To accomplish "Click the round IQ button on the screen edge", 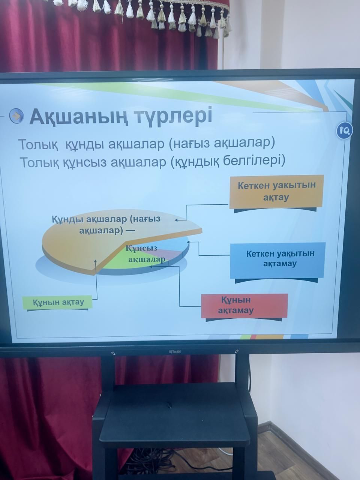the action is [x=345, y=131].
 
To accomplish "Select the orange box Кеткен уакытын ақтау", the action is [x=276, y=192].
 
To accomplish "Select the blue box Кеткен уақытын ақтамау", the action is [x=278, y=260].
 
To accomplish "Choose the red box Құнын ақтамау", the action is [x=244, y=306].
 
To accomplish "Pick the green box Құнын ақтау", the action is [x=57, y=302].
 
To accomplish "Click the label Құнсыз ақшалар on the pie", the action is [x=145, y=253].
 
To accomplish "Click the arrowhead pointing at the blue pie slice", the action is [x=189, y=242].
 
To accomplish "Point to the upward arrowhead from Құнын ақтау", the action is [x=96, y=261].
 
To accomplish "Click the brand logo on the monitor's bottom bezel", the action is [x=174, y=352].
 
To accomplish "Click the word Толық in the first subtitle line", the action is [x=39, y=144].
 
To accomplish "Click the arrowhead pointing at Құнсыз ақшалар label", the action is [x=151, y=266].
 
